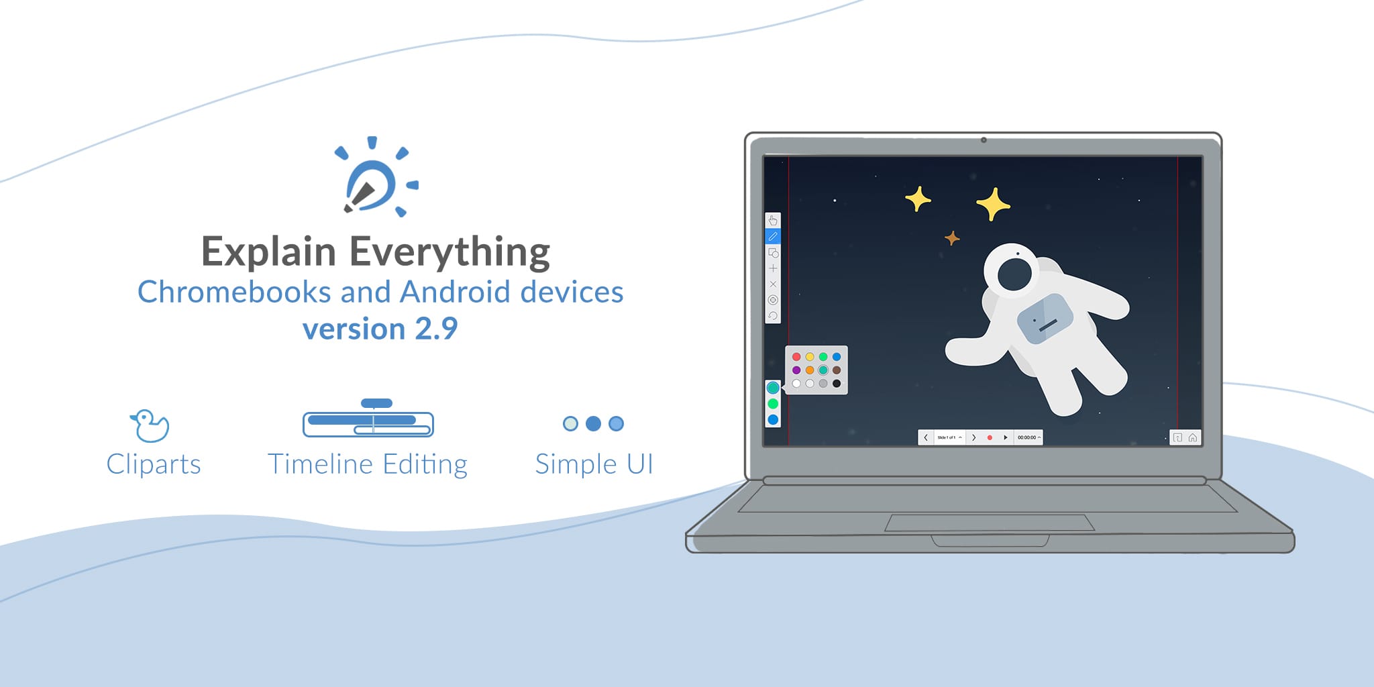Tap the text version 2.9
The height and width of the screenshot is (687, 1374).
coord(380,329)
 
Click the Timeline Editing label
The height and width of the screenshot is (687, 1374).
coord(367,464)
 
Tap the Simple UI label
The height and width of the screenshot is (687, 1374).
coord(594,464)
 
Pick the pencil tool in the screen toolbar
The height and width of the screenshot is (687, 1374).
coord(773,236)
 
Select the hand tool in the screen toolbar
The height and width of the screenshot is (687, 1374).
coord(773,220)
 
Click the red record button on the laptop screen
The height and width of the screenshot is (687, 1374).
coord(990,437)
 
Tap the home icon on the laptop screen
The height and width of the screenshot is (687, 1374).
coord(1193,437)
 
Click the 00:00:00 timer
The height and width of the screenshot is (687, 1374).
coord(1027,437)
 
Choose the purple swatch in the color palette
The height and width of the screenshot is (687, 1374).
coord(796,370)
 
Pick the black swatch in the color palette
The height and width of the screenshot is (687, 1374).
coord(837,384)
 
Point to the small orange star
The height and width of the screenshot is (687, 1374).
coord(952,238)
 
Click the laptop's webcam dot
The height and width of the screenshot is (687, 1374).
coord(984,140)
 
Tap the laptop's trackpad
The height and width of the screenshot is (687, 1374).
coord(990,523)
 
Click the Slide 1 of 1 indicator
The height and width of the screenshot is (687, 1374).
coord(947,437)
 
